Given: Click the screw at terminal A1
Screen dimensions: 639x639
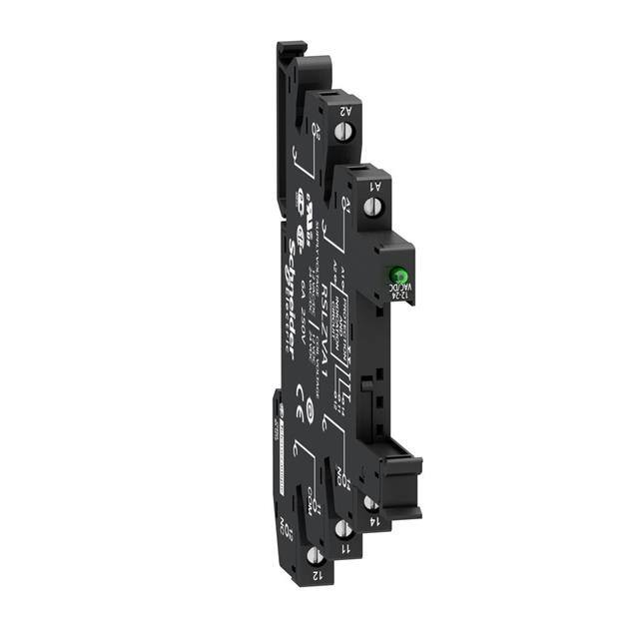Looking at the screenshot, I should [x=374, y=208].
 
